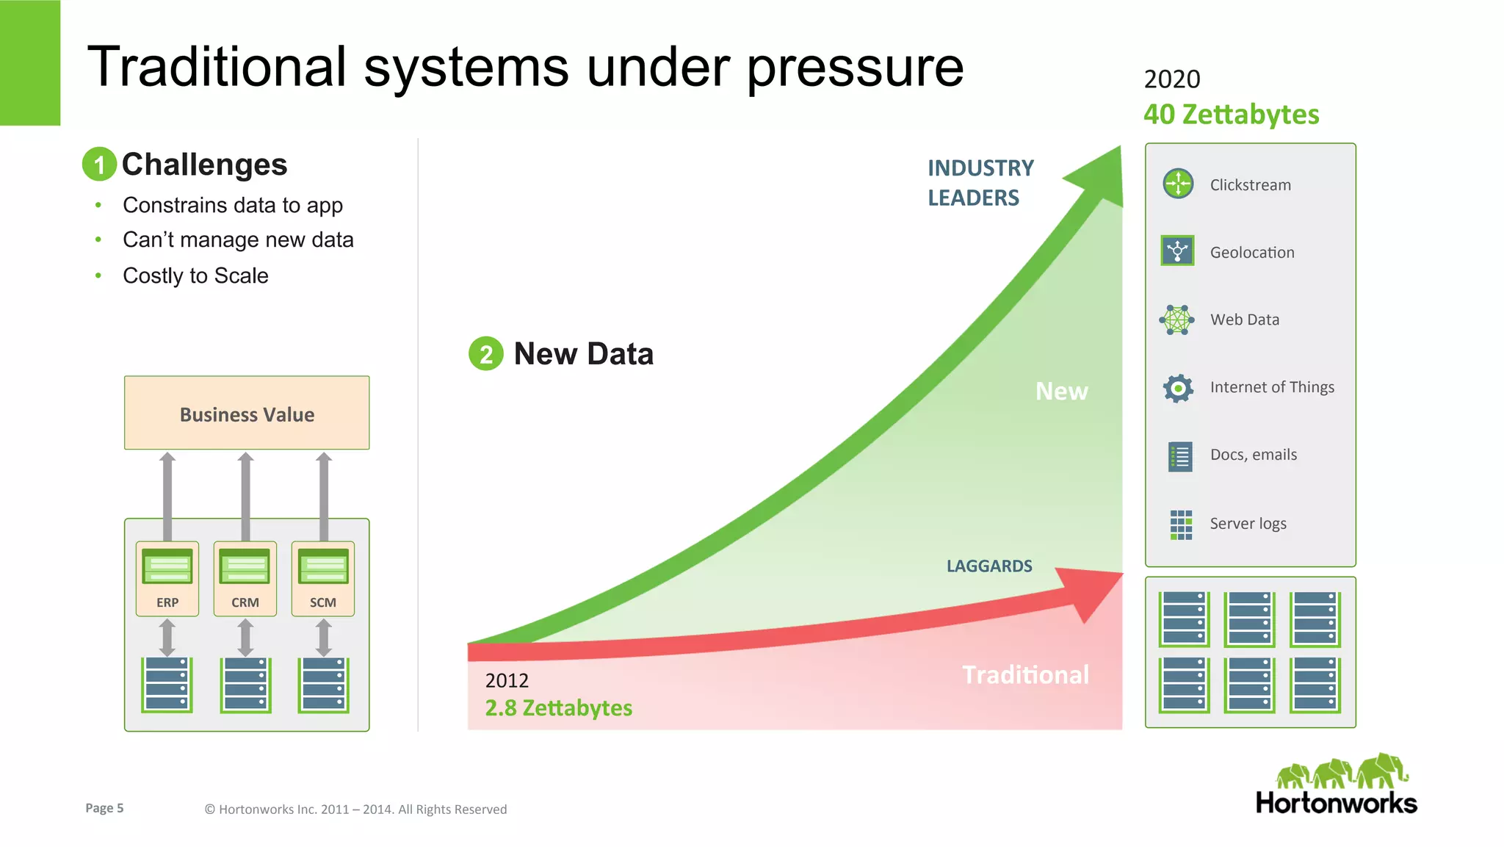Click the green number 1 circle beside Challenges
(x=99, y=164)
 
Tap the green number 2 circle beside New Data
(x=485, y=353)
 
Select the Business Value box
(x=247, y=413)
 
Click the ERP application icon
(x=167, y=566)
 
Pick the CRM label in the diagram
(x=245, y=602)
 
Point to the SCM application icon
(x=323, y=566)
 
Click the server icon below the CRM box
(x=245, y=685)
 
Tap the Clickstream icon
(x=1178, y=184)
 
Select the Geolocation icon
(x=1177, y=251)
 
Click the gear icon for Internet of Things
(x=1178, y=388)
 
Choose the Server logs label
(x=1248, y=524)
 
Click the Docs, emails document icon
(x=1180, y=456)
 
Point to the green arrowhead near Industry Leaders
(x=1099, y=176)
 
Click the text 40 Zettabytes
(x=1231, y=115)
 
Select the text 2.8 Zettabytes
(x=558, y=708)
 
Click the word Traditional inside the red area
(x=1025, y=674)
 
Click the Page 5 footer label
(x=104, y=808)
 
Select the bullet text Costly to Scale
(x=195, y=275)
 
